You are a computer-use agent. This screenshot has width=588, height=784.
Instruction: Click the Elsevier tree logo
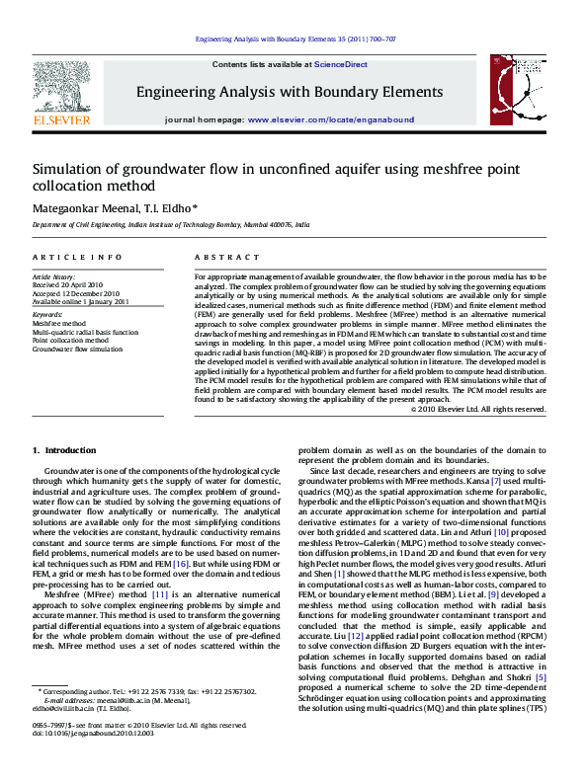pos(62,87)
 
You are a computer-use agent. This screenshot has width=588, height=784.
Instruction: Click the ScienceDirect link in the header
pos(341,64)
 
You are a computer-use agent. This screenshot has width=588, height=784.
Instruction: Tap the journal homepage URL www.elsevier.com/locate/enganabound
pos(330,118)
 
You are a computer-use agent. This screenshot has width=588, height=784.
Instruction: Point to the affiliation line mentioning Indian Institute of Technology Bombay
pos(171,225)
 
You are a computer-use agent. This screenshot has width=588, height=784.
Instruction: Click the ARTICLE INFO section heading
pos(78,256)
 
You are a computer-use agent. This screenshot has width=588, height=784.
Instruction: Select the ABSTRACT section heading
pos(219,256)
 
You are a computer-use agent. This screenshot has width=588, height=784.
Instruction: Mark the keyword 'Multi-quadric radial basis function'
pos(85,332)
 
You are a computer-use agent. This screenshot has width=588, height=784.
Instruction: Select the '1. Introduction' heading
pos(65,450)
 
